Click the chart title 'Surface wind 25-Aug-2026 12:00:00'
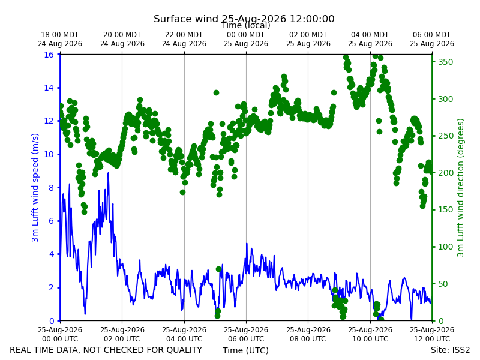pyautogui.click(x=244, y=19)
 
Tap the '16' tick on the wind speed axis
pyautogui.click(x=49, y=55)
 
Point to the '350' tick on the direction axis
pyautogui.click(x=445, y=62)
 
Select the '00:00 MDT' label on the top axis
pyautogui.click(x=246, y=35)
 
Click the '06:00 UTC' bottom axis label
pyautogui.click(x=246, y=339)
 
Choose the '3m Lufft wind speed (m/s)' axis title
pyautogui.click(x=35, y=187)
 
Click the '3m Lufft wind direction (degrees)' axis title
pyautogui.click(x=460, y=188)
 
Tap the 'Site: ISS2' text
pyautogui.click(x=450, y=350)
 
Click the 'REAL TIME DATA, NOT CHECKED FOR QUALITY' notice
pyautogui.click(x=106, y=350)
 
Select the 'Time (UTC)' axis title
pyautogui.click(x=245, y=350)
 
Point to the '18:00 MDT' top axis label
pyautogui.click(x=59, y=35)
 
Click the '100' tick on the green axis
pyautogui.click(x=445, y=247)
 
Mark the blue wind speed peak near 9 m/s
pyautogui.click(x=108, y=173)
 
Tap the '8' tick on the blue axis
pyautogui.click(x=51, y=188)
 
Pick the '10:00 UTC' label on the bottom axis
pyautogui.click(x=370, y=339)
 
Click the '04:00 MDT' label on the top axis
pyautogui.click(x=370, y=35)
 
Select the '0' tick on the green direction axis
pyautogui.click(x=440, y=321)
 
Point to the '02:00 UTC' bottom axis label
pyautogui.click(x=122, y=339)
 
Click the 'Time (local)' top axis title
pyautogui.click(x=246, y=26)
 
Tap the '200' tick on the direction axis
pyautogui.click(x=445, y=173)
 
